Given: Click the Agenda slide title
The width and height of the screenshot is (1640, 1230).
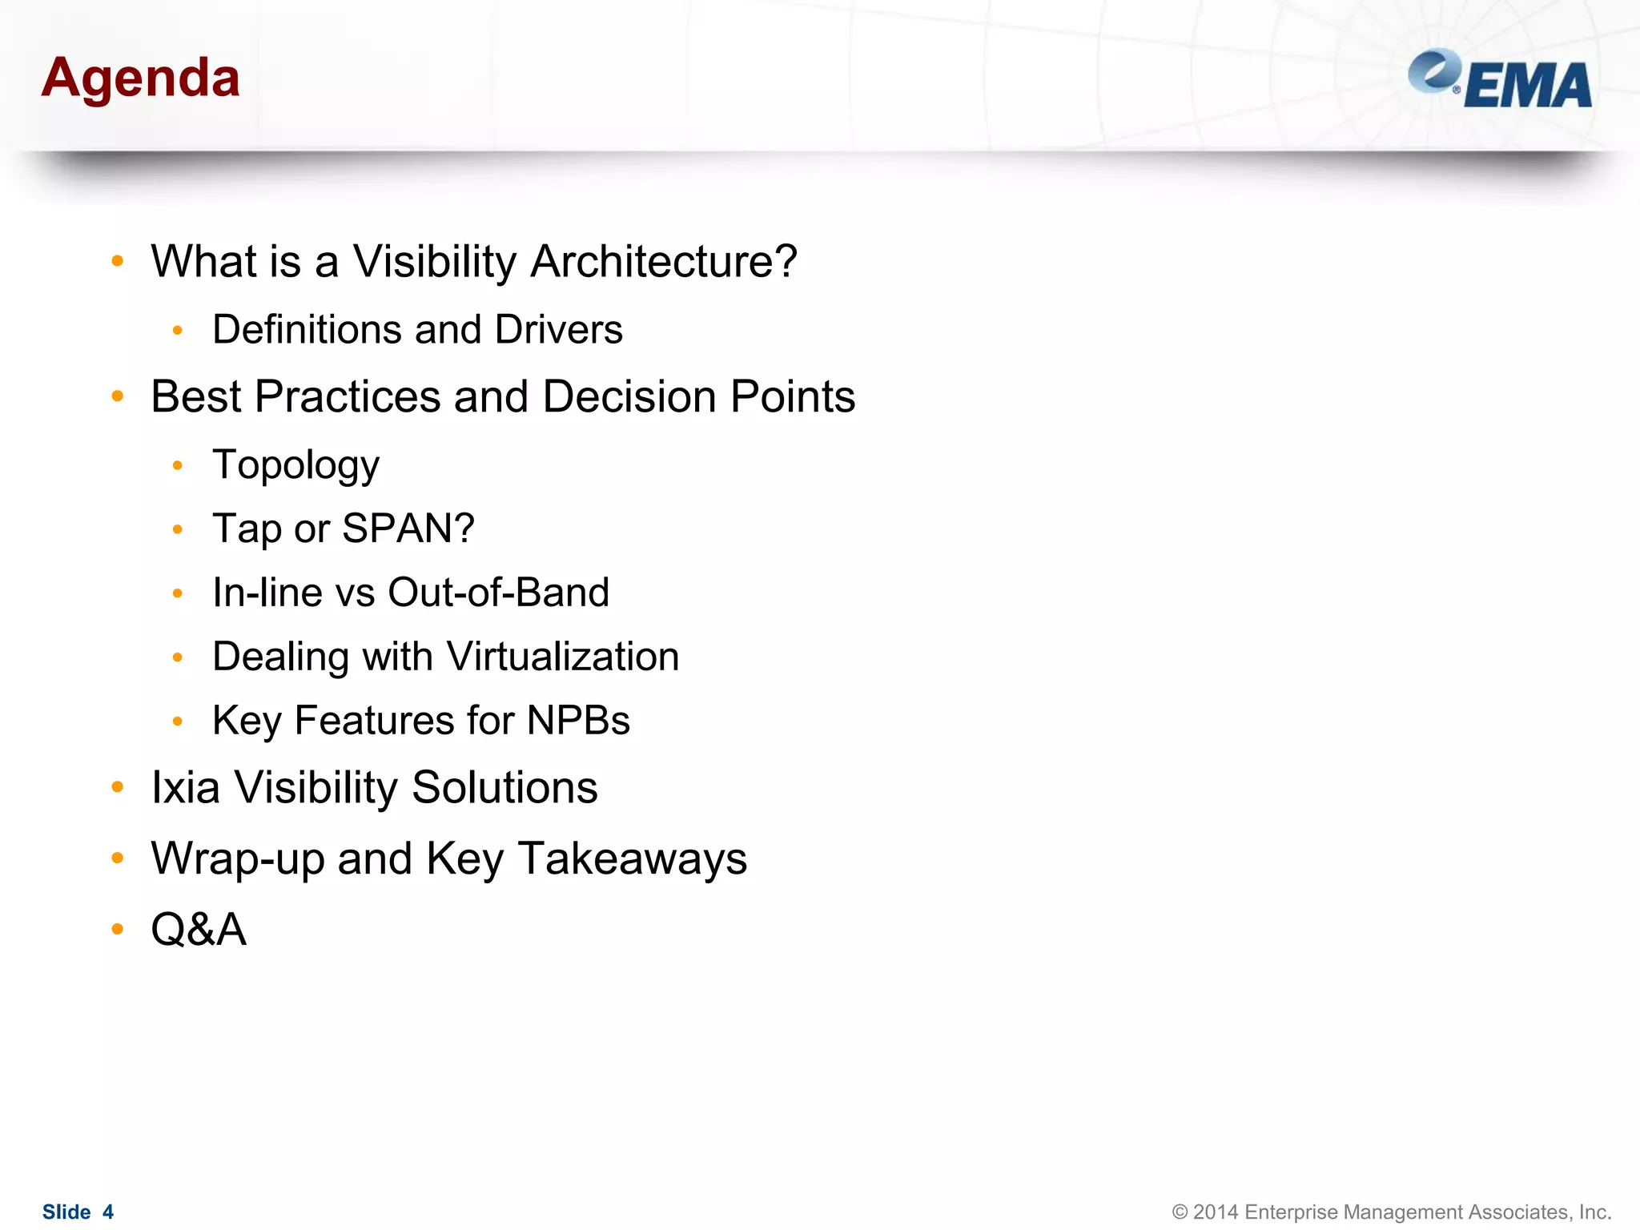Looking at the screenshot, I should coord(140,78).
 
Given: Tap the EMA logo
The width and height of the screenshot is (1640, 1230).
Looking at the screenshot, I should coord(1501,80).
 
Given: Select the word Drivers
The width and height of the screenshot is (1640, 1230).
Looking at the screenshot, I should coord(558,330).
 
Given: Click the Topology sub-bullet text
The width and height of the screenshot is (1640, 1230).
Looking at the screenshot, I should coord(295,465).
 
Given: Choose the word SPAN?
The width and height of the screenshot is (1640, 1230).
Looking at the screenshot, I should coord(408,529).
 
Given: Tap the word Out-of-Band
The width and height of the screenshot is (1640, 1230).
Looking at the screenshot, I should coord(498,593).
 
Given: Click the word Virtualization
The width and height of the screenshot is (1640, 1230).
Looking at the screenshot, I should coord(563,657).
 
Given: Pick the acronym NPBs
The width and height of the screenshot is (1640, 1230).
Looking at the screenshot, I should coord(578,720).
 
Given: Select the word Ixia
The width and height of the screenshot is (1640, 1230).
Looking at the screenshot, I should coord(186,787).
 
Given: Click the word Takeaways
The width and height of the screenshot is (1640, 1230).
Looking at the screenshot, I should coord(633,858).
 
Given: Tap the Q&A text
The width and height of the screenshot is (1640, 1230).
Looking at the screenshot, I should coord(199,930).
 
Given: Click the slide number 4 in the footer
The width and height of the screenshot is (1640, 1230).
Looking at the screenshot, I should coord(108,1212).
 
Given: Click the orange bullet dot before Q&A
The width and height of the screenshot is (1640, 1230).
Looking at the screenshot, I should coord(118,929).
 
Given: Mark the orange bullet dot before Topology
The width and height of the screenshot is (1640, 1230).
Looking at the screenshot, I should coord(178,465).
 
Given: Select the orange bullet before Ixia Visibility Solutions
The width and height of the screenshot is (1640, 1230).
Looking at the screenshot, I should coord(118,787).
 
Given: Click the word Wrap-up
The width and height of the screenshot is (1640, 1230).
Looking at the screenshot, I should coord(238,858).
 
